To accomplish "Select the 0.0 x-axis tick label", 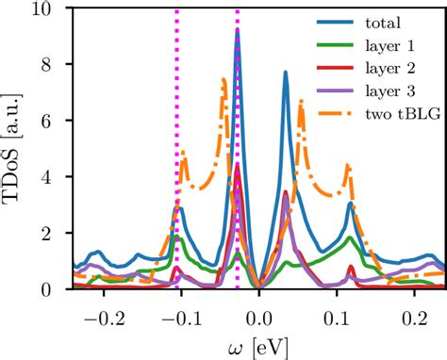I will (257, 308).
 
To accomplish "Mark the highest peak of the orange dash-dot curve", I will (223, 79).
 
